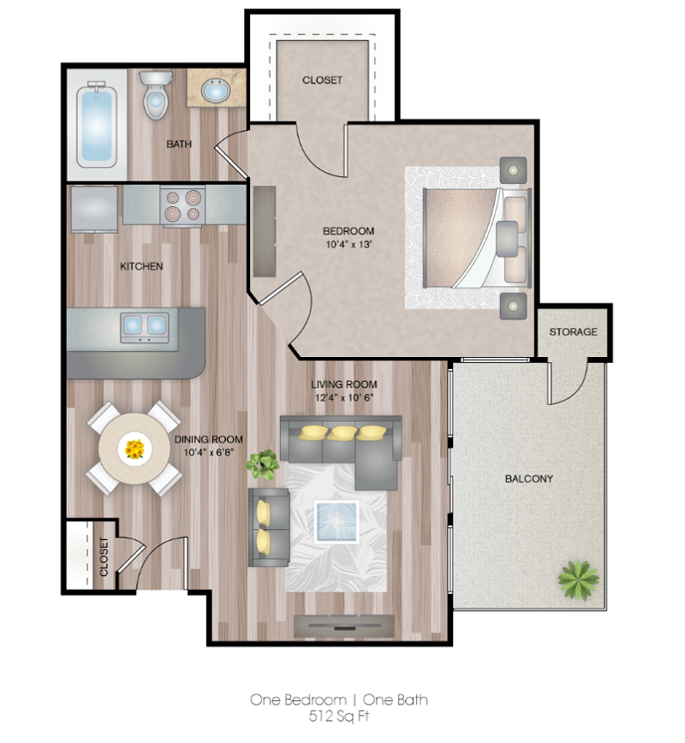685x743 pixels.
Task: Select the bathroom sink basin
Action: [214, 90]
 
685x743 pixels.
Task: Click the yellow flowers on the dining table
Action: [134, 449]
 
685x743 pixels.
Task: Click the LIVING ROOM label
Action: [343, 384]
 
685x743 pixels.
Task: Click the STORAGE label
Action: [573, 331]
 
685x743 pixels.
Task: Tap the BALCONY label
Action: [528, 478]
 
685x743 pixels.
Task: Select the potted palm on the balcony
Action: [578, 578]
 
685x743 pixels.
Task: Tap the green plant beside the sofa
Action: [263, 463]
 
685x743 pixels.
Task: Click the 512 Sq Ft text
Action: [338, 716]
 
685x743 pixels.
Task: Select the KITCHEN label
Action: [141, 266]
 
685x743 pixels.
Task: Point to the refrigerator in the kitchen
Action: [94, 208]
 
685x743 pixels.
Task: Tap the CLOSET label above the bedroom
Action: [322, 80]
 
